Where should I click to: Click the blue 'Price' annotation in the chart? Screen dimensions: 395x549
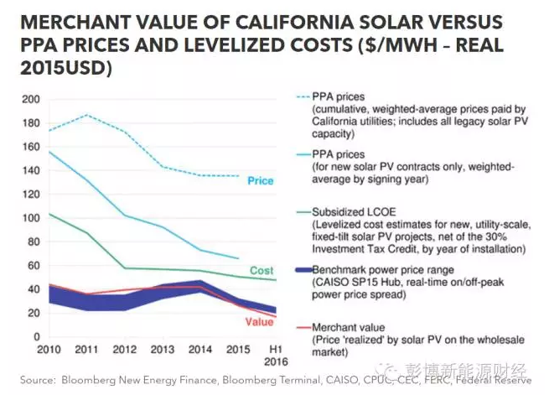pyautogui.click(x=260, y=181)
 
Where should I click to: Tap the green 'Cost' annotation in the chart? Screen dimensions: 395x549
pyautogui.click(x=261, y=271)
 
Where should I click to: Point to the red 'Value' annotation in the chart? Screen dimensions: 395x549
pyautogui.click(x=259, y=322)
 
